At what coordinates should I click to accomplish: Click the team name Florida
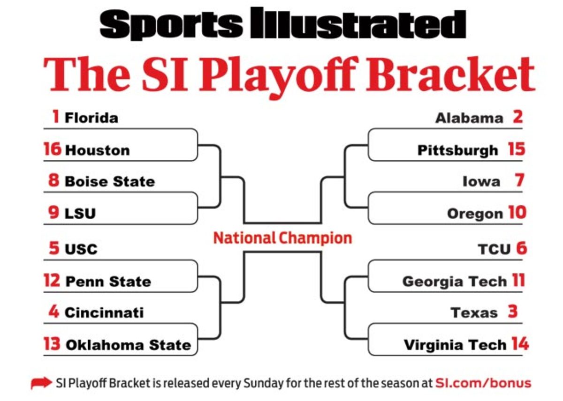[91, 118]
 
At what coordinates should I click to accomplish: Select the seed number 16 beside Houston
[53, 149]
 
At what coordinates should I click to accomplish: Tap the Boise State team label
[110, 181]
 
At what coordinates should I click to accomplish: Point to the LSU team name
[80, 214]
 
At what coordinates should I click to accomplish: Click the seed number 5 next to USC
[54, 248]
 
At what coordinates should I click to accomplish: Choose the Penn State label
[108, 282]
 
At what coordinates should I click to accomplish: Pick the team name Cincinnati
[104, 312]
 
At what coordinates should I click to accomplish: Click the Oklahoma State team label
[129, 345]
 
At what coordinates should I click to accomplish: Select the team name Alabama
[469, 118]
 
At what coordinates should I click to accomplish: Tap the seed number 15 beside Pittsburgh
[517, 149]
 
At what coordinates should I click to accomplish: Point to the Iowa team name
[481, 181]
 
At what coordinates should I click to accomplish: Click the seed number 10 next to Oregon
[517, 213]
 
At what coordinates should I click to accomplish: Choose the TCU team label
[494, 249]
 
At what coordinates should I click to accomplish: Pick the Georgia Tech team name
[455, 282]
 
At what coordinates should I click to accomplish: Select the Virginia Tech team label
[455, 345]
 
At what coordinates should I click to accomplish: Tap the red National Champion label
[282, 238]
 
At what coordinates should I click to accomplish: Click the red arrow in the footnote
[41, 383]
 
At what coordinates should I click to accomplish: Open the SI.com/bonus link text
[483, 383]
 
